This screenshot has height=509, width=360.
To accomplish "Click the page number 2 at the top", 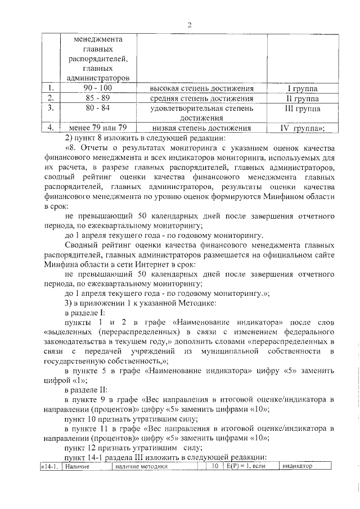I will click(190, 25).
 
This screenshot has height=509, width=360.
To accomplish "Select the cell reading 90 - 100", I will click(98, 89).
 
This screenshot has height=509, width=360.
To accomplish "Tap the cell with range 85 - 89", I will click(98, 98).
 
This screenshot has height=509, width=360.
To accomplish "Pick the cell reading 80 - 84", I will click(98, 108).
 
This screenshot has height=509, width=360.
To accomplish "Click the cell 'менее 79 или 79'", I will click(98, 128).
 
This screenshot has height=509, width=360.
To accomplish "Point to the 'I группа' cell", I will click(302, 89).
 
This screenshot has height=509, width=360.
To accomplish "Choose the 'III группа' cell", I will click(302, 108).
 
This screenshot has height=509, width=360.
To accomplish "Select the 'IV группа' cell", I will click(302, 128).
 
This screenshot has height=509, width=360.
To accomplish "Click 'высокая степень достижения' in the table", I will click(201, 89).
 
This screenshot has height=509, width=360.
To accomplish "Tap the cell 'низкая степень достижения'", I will click(201, 128).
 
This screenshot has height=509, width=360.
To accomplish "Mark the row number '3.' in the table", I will click(51, 108).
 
